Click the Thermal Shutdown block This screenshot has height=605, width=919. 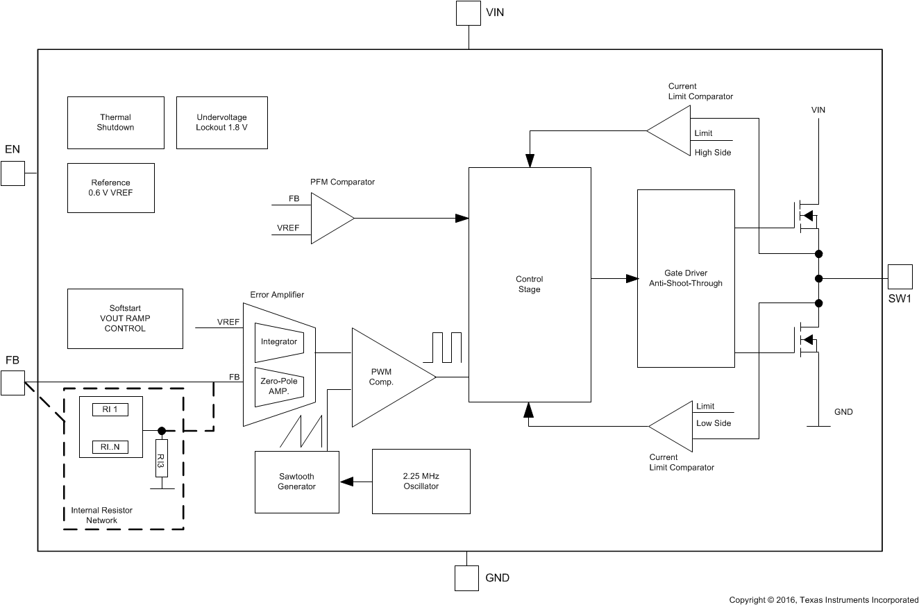pyautogui.click(x=115, y=123)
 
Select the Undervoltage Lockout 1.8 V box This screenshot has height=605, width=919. pyautogui.click(x=221, y=123)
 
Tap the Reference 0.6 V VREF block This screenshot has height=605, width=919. pyautogui.click(x=110, y=188)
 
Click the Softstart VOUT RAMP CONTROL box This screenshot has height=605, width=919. pyautogui.click(x=125, y=318)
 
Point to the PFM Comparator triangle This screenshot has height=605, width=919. pyautogui.click(x=329, y=218)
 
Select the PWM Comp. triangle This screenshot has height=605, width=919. pyautogui.click(x=386, y=377)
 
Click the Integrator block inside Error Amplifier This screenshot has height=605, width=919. pyautogui.click(x=279, y=342)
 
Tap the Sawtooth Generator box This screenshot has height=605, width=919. pyautogui.click(x=296, y=482)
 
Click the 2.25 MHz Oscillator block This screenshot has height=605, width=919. pyautogui.click(x=421, y=482)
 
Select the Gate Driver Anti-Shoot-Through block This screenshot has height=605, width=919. pyautogui.click(x=685, y=278)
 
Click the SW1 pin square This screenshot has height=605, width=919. pyautogui.click(x=900, y=278)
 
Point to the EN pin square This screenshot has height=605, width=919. pyautogui.click(x=12, y=173)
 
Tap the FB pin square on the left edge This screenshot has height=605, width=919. pyautogui.click(x=12, y=383)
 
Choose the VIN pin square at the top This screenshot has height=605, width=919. pyautogui.click(x=469, y=13)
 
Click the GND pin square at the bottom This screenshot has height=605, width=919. pyautogui.click(x=466, y=578)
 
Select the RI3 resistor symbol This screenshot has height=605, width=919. pyautogui.click(x=161, y=458)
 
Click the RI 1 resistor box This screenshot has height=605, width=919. pyautogui.click(x=110, y=409)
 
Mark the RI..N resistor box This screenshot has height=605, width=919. pyautogui.click(x=110, y=447)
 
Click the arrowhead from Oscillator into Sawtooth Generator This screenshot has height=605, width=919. pyautogui.click(x=346, y=482)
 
